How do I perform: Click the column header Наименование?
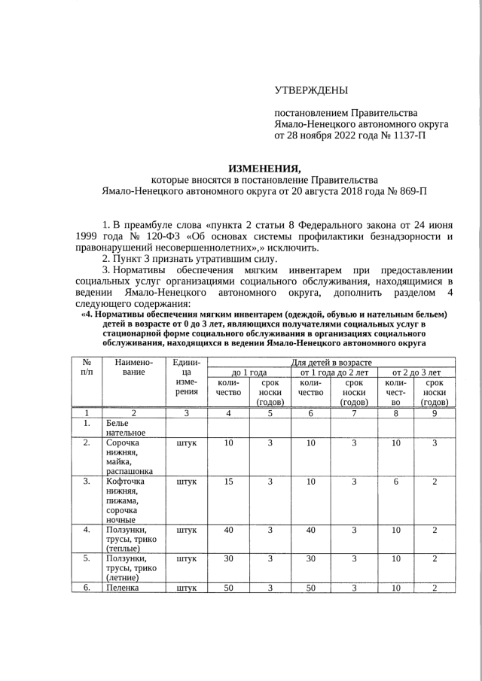pos(133,367)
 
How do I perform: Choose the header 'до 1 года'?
pos(249,372)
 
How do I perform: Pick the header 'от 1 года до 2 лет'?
pos(334,372)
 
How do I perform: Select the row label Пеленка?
pos(123,588)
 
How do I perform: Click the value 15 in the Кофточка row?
pos(228,482)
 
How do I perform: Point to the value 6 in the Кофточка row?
pos(395,482)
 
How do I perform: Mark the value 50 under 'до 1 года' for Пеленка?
pos(228,588)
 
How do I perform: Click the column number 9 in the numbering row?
pos(435,413)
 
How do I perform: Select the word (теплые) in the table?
pos(124,549)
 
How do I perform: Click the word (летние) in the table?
pos(124,577)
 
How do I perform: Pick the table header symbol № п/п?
pos(87,367)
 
